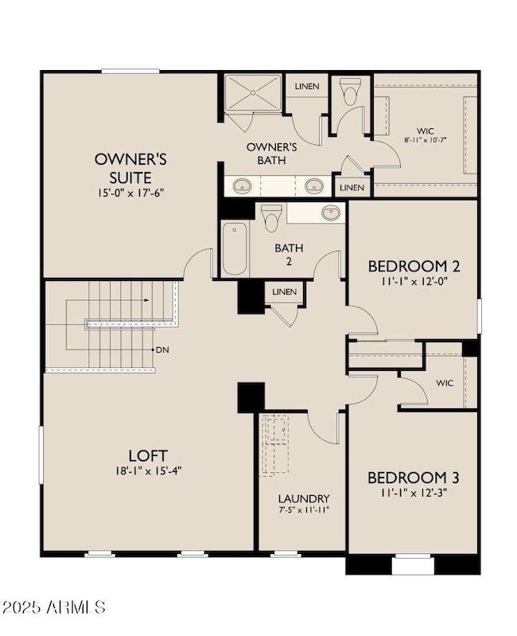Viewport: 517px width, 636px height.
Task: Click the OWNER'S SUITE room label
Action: click(130, 168)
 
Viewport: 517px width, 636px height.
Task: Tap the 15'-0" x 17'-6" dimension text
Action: click(130, 193)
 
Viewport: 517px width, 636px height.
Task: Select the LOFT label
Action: click(148, 455)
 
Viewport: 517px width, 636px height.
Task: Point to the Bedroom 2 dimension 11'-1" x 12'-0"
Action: click(414, 281)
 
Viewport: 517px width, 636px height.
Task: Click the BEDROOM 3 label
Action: click(414, 478)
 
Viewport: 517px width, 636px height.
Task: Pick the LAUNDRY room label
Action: click(304, 498)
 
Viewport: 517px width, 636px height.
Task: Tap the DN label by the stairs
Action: click(162, 349)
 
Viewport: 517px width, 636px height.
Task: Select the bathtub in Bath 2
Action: click(234, 249)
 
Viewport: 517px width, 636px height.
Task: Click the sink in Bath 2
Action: click(332, 213)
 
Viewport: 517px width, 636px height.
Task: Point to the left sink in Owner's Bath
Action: click(243, 186)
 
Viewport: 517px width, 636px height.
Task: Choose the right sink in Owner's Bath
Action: click(313, 185)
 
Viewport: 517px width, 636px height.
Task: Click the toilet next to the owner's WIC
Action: click(350, 92)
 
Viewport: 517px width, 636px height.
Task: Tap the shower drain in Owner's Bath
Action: click(253, 92)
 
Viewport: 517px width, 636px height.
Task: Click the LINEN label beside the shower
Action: click(307, 87)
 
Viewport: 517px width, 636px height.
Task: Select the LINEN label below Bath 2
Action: click(285, 291)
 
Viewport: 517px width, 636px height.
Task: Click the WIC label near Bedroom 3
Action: click(445, 383)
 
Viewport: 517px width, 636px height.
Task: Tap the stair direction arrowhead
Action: click(146, 300)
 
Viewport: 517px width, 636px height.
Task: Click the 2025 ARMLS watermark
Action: click(54, 607)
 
